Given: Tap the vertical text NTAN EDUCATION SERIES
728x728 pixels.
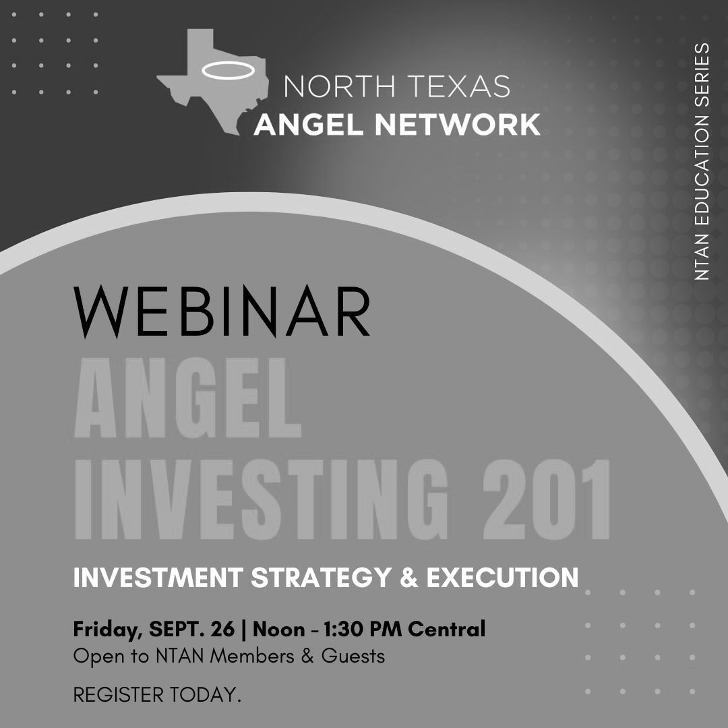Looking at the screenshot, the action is point(702,162).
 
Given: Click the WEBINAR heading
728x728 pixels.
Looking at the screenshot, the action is point(222,311).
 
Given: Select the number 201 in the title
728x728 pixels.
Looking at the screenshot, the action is point(546,499).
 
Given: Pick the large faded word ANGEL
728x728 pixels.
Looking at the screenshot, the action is point(187,398).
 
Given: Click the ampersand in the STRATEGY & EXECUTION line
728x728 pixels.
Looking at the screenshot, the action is point(408,577).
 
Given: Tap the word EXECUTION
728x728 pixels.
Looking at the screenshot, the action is point(502,577).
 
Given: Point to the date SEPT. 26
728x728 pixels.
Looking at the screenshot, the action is point(191,629).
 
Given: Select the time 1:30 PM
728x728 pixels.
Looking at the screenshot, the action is point(363,629).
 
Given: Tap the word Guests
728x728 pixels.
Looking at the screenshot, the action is point(353,656).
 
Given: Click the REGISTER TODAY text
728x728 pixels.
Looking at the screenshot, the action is point(157,695).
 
